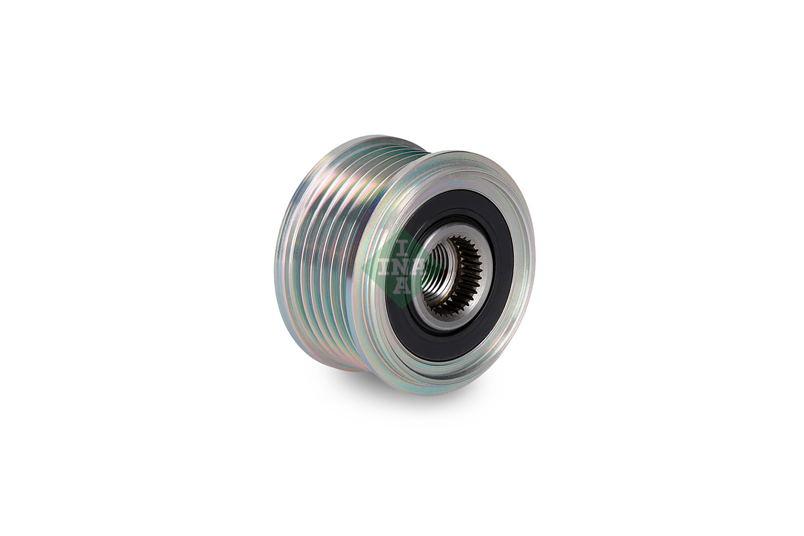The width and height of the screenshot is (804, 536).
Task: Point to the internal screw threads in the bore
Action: click(440, 272)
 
